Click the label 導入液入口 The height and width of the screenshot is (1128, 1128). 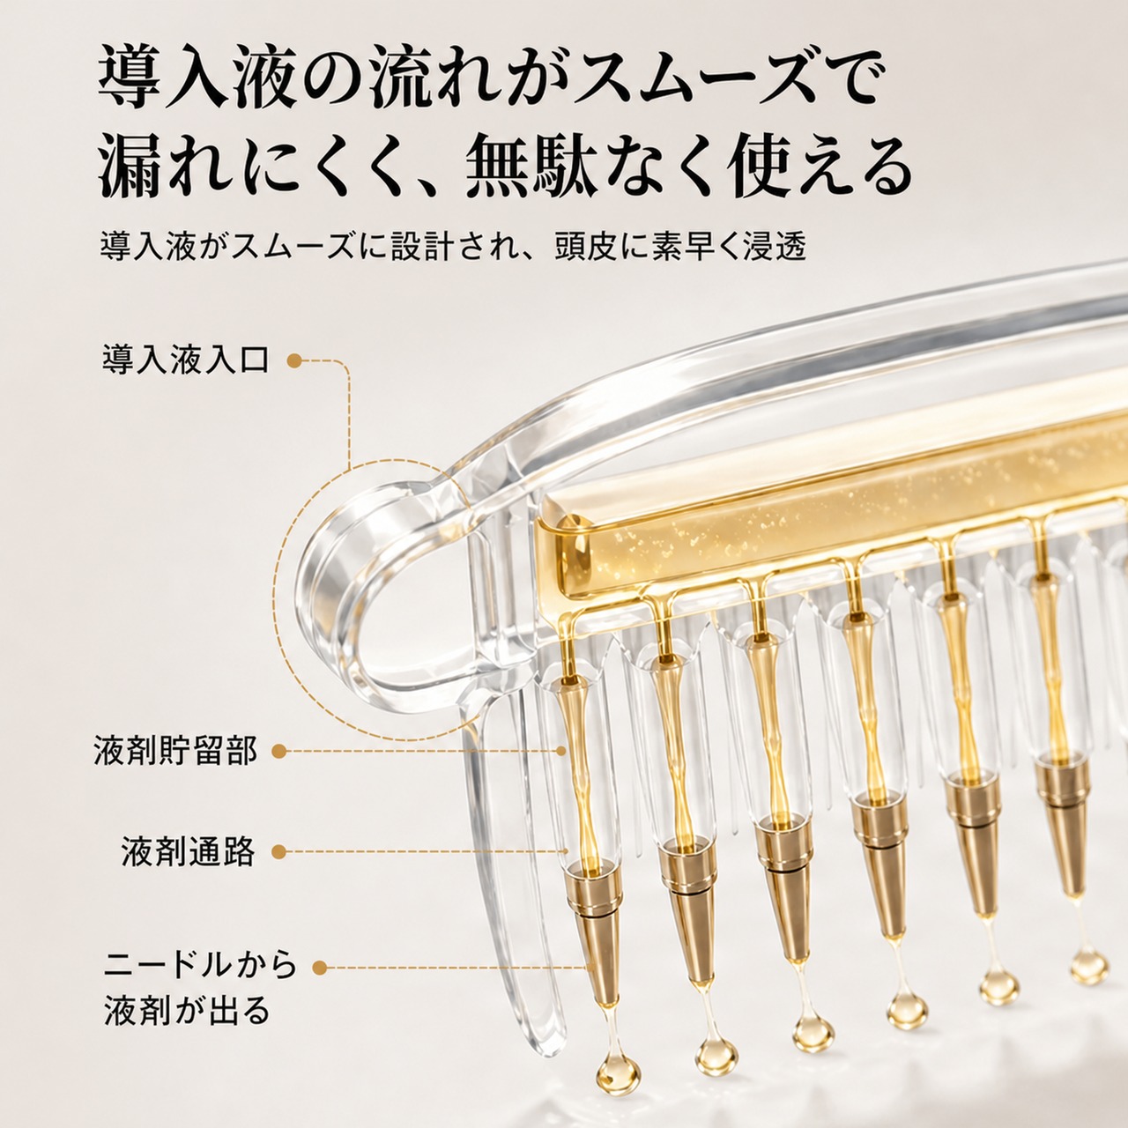pos(186,360)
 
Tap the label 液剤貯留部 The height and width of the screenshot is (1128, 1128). pos(175,751)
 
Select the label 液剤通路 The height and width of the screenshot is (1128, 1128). pos(189,851)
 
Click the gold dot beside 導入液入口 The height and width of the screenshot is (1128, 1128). pos(294,360)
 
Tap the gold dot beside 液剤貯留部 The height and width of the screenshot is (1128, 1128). pos(279,752)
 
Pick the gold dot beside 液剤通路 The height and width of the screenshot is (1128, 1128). pos(279,851)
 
